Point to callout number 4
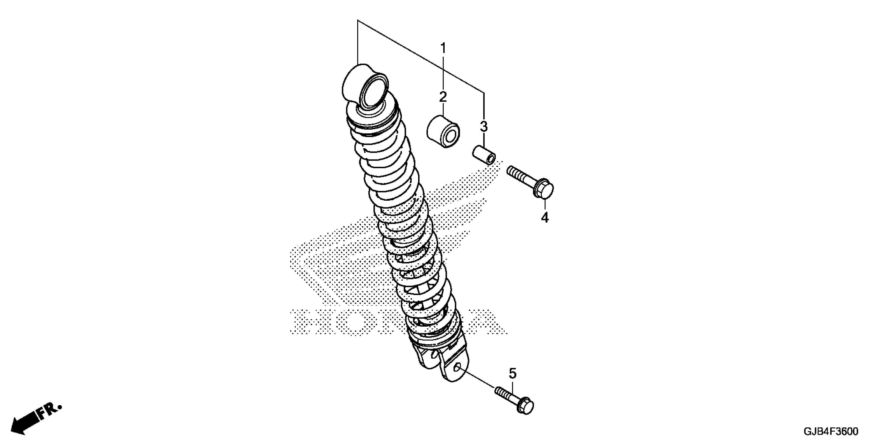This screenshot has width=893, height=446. point(545,217)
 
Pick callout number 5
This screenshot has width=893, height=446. point(512,374)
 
